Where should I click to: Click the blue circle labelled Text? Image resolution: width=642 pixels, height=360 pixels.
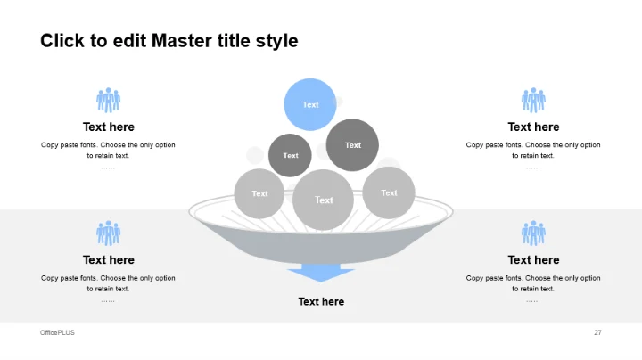click(x=310, y=104)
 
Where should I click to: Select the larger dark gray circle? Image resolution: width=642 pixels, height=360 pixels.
click(x=353, y=144)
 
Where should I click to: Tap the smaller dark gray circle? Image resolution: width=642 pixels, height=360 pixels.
click(x=290, y=155)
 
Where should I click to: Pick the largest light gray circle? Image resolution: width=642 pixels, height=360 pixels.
click(x=324, y=200)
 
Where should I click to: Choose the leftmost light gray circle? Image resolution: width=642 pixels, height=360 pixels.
click(x=259, y=193)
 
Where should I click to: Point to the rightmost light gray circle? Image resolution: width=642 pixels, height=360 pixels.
click(x=389, y=192)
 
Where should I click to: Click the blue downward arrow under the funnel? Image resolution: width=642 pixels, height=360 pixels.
click(x=320, y=273)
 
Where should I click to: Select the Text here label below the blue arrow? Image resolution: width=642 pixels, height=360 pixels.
click(x=321, y=302)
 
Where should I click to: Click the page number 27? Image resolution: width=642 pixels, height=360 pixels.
click(x=597, y=332)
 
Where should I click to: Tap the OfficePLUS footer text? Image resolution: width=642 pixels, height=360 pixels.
click(x=58, y=332)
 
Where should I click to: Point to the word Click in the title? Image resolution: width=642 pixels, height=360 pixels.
click(x=61, y=41)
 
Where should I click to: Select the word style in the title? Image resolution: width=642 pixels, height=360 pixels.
click(x=278, y=41)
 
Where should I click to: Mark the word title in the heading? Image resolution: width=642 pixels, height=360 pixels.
click(x=237, y=41)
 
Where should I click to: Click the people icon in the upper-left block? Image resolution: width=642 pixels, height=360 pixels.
click(x=109, y=100)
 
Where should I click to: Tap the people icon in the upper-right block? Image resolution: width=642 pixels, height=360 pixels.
click(x=533, y=100)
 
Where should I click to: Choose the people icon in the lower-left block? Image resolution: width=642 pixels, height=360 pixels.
click(x=109, y=233)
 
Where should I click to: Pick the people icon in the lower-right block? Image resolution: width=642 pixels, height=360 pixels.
click(x=533, y=233)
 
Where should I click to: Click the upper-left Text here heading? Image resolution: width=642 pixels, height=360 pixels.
click(x=109, y=127)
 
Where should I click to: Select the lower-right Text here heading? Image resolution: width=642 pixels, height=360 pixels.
click(x=533, y=260)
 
